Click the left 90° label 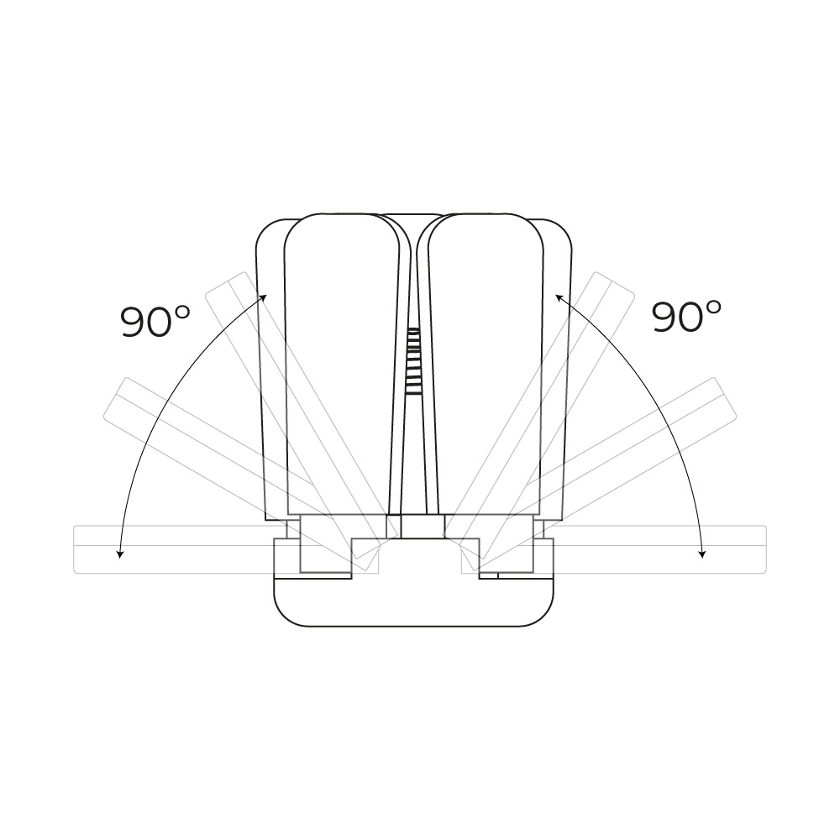tap(155, 321)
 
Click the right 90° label tap(686, 316)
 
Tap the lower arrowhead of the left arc tap(120, 554)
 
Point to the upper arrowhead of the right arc tap(559, 297)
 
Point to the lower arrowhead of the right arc tap(702, 554)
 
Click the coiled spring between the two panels tap(413, 361)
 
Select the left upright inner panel tap(342, 365)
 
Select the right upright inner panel tap(485, 365)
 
